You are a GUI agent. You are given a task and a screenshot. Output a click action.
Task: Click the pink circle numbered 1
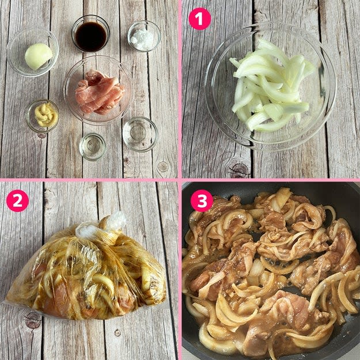point(199,19)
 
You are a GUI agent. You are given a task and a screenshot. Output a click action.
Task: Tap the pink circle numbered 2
point(17,200)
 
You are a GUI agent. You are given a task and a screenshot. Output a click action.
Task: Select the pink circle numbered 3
point(202,200)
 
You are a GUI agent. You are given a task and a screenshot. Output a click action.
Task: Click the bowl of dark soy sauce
point(90,33)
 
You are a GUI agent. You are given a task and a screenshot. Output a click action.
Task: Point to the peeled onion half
point(39,56)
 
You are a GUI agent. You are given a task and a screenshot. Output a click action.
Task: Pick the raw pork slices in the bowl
point(100,92)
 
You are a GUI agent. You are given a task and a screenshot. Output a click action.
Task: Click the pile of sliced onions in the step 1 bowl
point(271,85)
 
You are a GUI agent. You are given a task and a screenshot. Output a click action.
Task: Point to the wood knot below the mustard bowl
point(41,136)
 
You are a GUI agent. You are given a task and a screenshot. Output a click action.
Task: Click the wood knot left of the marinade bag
point(33,320)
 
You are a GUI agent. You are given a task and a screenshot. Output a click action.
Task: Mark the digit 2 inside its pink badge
point(17,201)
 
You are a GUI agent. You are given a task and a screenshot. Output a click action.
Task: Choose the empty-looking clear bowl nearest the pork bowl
point(140,134)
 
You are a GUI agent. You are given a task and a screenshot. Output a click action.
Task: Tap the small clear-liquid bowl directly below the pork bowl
point(93,146)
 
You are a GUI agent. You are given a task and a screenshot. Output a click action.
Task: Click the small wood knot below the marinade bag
point(118,333)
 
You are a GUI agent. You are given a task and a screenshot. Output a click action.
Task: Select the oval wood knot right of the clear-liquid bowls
point(163,166)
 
